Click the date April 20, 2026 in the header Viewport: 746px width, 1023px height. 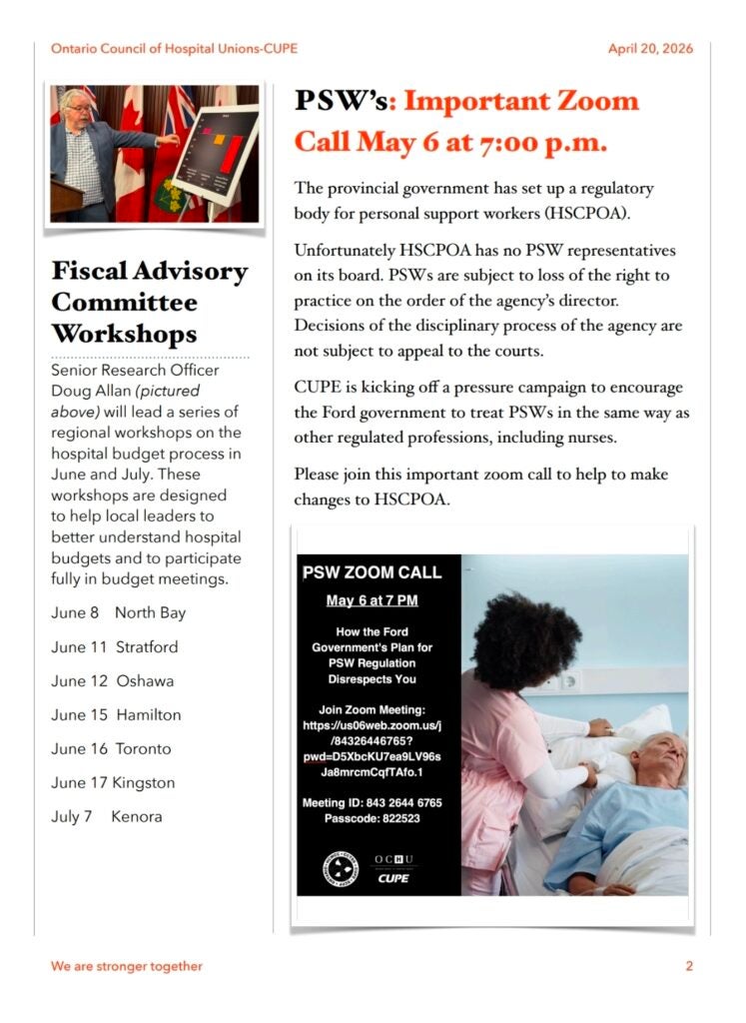(650, 49)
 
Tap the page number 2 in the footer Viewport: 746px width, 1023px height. (689, 966)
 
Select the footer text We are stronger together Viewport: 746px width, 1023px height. (127, 966)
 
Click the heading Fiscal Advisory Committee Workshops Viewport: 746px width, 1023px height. (149, 302)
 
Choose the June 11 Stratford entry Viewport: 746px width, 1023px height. (115, 646)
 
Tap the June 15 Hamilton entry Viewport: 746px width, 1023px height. (116, 714)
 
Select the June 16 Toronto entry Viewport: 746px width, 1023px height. (111, 748)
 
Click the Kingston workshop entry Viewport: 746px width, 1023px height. (113, 782)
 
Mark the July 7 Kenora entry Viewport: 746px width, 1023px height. (106, 816)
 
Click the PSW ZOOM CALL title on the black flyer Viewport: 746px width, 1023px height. (372, 573)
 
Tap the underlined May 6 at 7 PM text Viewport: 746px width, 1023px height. (372, 600)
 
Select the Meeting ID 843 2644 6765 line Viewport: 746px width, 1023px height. (372, 802)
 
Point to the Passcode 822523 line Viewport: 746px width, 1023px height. (372, 817)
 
